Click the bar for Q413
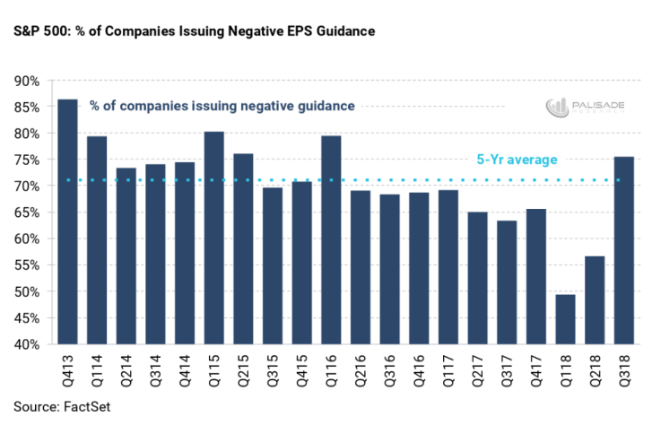tap(67, 221)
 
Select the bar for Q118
tap(564, 319)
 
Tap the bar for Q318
tap(622, 250)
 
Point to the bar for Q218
tap(594, 299)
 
